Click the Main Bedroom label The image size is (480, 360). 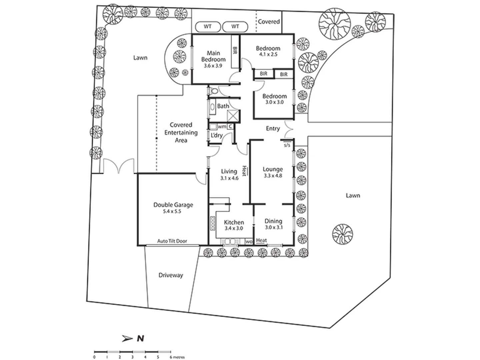pos(213,56)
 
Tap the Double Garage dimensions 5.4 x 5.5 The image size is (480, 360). pos(172,212)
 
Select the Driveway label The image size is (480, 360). pos(171,275)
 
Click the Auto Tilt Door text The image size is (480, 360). pos(172,241)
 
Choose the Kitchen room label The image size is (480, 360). pos(234,222)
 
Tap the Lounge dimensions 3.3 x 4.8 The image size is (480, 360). pos(273,176)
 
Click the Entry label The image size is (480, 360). pos(273,129)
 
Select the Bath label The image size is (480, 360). pos(223,106)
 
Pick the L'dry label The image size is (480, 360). pos(217,135)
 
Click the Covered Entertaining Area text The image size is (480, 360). pos(181,133)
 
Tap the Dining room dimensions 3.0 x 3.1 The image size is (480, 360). pos(273,228)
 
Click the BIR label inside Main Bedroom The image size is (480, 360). pos(235,51)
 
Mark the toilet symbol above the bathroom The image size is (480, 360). pos(214,91)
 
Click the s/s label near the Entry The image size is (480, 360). pos(287,145)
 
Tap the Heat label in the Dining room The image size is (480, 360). pos(261,240)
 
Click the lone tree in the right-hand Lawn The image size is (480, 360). pos(342,233)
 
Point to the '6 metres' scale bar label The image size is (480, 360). pos(177,357)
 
